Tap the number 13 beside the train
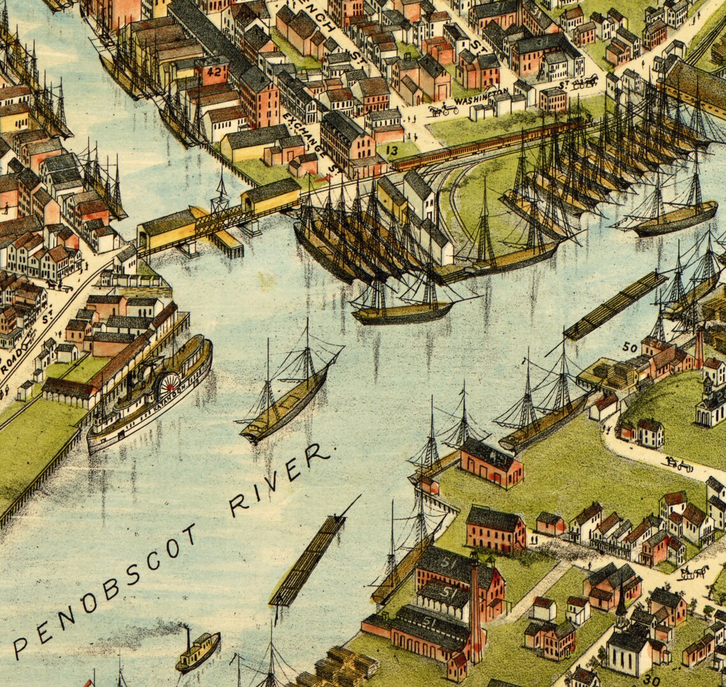tap(392, 151)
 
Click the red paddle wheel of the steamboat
tap(169, 385)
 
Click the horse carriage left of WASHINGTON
tap(443, 110)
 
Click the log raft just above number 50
tap(614, 306)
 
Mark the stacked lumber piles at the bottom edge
tap(338, 669)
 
